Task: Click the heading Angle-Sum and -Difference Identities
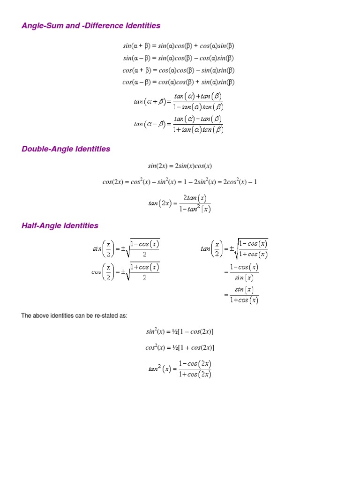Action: tap(91, 26)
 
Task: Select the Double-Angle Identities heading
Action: tap(66, 149)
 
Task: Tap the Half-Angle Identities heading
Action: tap(60, 226)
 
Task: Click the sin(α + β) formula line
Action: tap(178, 46)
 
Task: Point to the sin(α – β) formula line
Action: tap(178, 58)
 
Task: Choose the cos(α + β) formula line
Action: tap(178, 70)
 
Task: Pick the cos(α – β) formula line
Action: tap(178, 82)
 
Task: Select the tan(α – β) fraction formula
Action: tap(178, 124)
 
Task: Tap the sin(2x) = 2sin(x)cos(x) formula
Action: tap(180, 166)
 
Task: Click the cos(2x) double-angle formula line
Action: tap(180, 182)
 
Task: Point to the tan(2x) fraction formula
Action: tap(180, 203)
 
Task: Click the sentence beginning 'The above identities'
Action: tap(74, 316)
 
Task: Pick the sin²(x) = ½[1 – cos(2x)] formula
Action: tap(180, 332)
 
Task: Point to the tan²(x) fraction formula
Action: tap(180, 369)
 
